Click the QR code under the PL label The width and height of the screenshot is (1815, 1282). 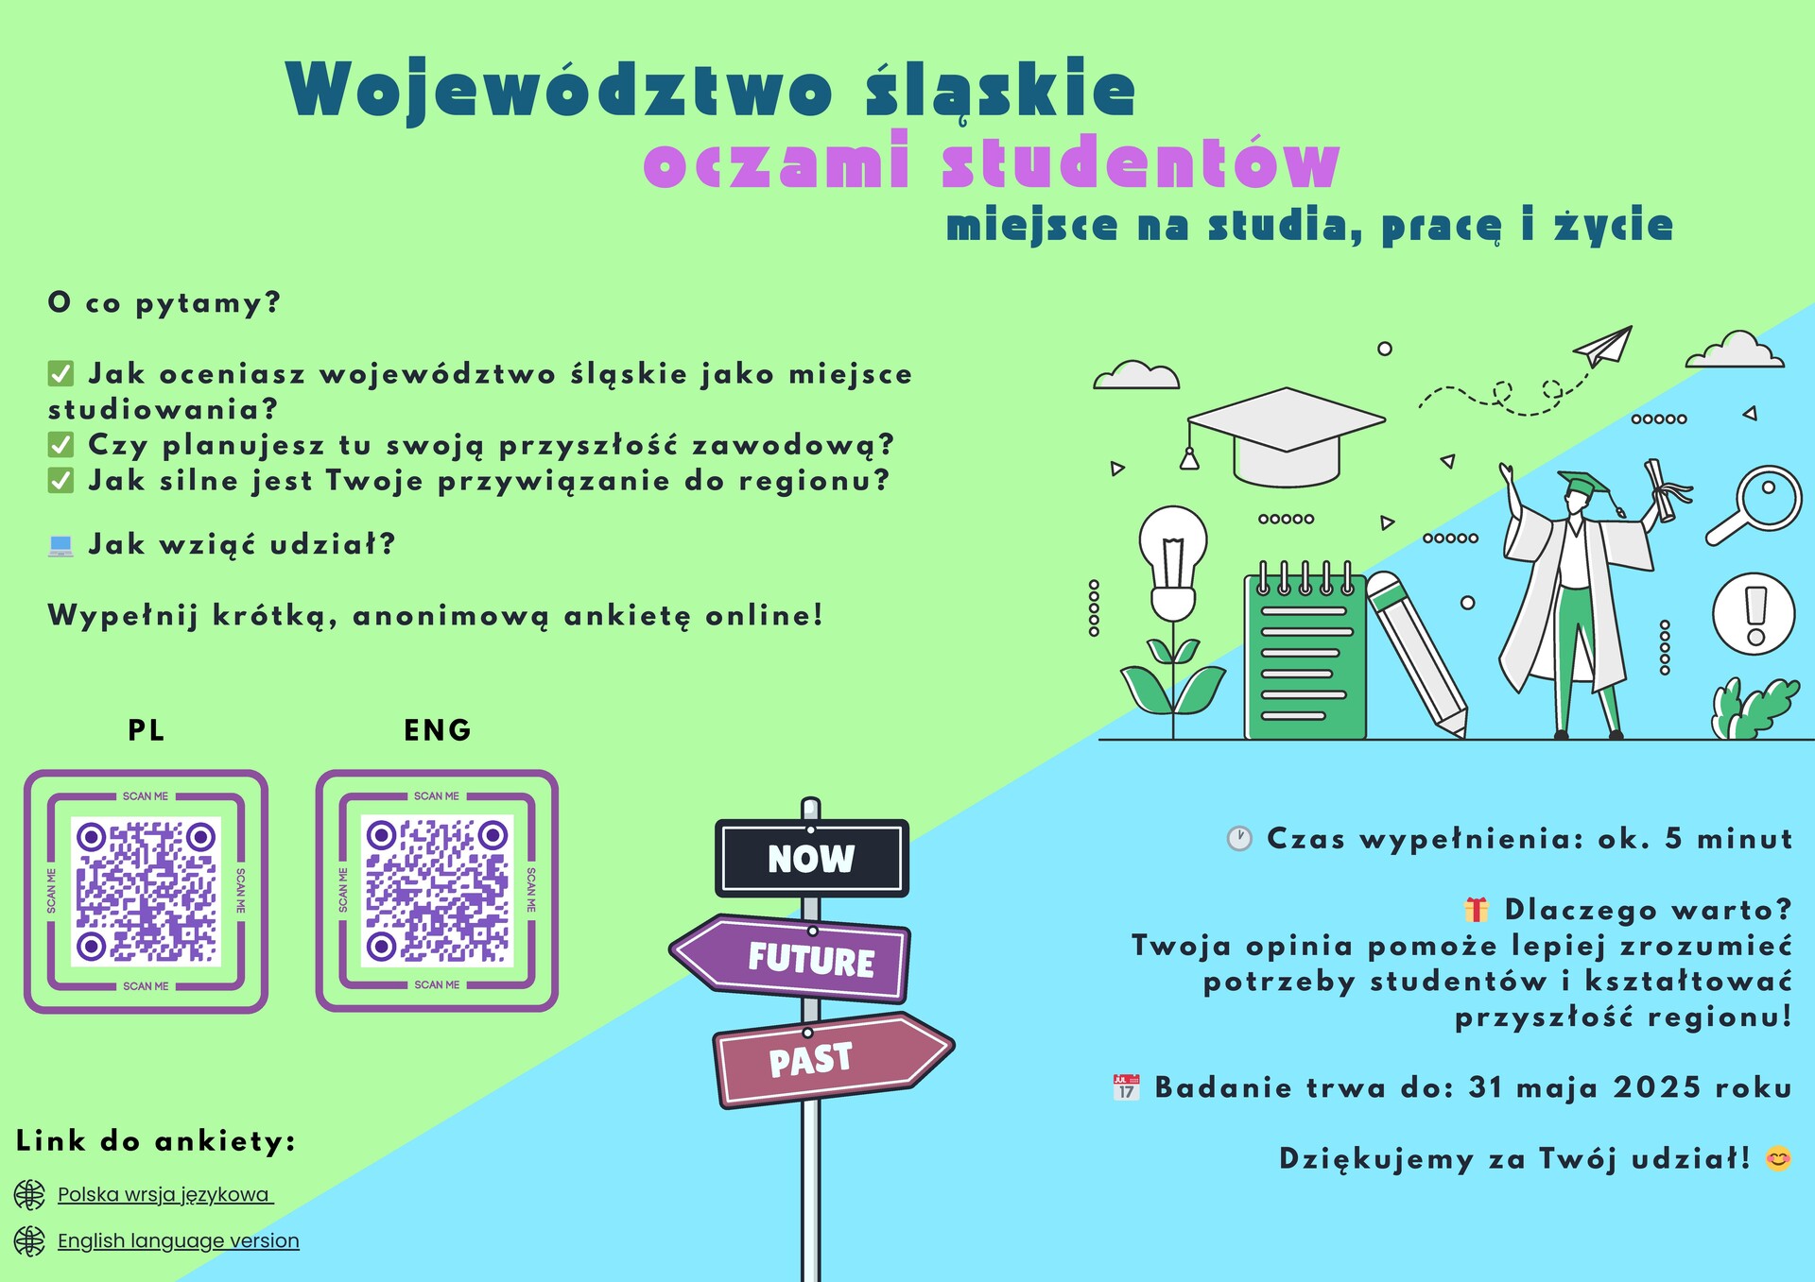[x=147, y=891]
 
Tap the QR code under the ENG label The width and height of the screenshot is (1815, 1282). [x=437, y=891]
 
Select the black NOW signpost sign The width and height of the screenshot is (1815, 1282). [x=811, y=858]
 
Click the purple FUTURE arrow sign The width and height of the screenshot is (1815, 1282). [x=794, y=958]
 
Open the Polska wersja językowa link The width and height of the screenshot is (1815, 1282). [x=164, y=1195]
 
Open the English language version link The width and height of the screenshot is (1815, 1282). [x=178, y=1241]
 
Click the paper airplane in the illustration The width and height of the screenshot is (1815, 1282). [x=1605, y=347]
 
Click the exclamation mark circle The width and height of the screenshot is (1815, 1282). [x=1754, y=614]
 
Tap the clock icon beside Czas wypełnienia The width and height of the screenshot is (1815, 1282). [x=1239, y=838]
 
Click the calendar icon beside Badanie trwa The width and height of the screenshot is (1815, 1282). [x=1126, y=1087]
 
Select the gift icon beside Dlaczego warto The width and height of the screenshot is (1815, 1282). [x=1476, y=910]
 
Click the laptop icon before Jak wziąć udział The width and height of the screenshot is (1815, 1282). [x=60, y=545]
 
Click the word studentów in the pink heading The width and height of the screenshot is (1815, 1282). [x=1140, y=163]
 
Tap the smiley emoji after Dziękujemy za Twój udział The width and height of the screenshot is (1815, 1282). [x=1778, y=1158]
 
